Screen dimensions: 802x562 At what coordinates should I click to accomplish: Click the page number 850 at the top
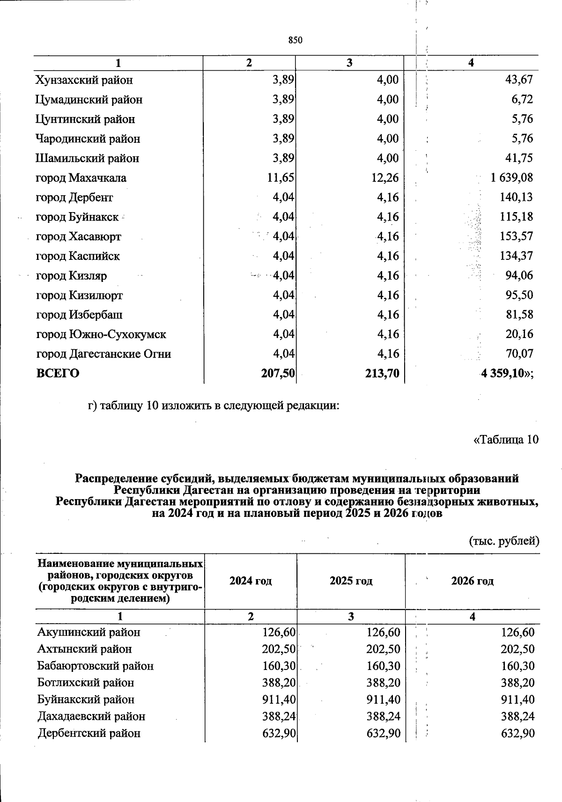295,40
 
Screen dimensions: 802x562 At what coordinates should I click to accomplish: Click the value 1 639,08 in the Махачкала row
511,178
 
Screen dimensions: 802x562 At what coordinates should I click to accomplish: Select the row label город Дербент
74,198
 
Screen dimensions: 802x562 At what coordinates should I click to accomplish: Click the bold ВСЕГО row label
58,374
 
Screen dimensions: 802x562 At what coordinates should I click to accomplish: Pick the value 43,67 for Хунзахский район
519,80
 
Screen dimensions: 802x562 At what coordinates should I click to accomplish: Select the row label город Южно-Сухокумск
101,335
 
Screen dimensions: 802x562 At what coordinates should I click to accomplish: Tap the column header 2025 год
351,581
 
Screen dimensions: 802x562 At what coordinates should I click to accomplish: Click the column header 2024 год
251,581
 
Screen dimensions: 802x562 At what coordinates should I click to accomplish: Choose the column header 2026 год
472,581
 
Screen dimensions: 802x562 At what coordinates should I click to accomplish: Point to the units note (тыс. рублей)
504,541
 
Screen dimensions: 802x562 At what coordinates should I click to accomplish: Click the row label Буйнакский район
86,700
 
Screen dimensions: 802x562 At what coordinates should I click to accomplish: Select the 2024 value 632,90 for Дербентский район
278,734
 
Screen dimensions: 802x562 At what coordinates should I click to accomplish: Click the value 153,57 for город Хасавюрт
516,237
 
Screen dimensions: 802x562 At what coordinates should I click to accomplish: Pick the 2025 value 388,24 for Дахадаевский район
383,717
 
